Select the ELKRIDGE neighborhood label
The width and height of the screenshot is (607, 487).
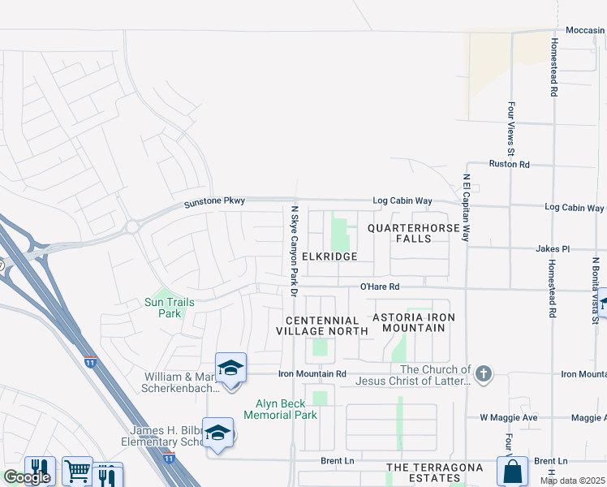(x=329, y=256)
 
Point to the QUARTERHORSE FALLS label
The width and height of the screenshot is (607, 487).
(x=414, y=233)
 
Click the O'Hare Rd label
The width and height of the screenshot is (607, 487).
(x=381, y=287)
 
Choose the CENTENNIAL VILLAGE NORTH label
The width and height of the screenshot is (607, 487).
(x=316, y=325)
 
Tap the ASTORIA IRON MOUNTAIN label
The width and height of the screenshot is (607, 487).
(x=408, y=322)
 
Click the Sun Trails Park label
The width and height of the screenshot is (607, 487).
(x=169, y=308)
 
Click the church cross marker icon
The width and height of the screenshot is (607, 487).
(x=484, y=373)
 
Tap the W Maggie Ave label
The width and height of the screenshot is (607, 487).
(x=509, y=418)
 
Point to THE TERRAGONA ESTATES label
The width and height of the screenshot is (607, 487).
(x=434, y=473)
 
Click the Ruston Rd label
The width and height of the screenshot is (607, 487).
(x=509, y=164)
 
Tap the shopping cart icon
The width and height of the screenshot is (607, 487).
(x=78, y=470)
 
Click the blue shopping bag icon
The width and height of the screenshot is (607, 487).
(x=512, y=470)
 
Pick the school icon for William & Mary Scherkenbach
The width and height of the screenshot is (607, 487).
(x=231, y=368)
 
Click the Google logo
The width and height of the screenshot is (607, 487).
(x=27, y=477)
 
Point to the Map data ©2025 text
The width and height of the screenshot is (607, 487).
(x=572, y=481)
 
